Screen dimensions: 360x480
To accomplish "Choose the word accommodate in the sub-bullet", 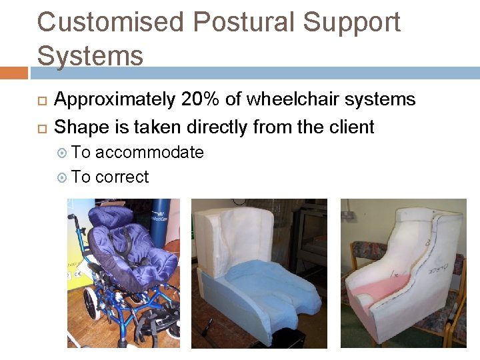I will (149, 153).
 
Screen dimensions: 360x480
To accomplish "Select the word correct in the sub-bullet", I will (122, 177).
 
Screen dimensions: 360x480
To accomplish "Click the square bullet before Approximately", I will (41, 101).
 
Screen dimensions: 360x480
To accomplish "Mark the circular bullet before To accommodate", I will (63, 153).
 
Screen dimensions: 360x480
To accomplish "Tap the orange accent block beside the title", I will (13, 73).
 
